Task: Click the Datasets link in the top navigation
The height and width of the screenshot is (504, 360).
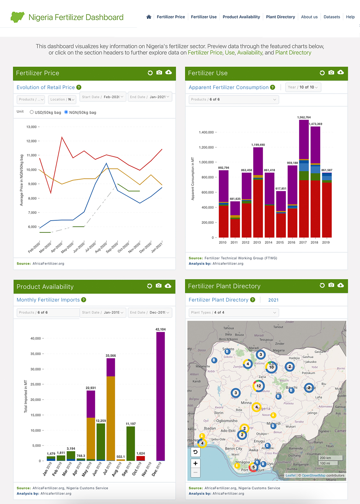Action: pos(332,17)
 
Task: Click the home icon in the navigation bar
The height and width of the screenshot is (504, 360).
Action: pos(149,17)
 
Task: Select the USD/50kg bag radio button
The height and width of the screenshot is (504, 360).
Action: pos(32,112)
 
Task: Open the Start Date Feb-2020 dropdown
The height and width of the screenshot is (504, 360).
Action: pos(103,97)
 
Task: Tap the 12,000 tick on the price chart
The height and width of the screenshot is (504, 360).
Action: pos(32,141)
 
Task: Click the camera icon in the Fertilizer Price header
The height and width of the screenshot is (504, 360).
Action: pos(159,73)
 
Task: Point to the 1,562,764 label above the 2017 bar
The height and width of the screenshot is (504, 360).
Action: pos(304,117)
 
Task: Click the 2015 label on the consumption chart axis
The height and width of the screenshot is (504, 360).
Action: pos(280,243)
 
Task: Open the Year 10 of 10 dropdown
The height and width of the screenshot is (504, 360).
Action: pos(303,87)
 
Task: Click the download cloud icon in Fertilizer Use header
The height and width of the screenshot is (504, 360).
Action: pos(340,73)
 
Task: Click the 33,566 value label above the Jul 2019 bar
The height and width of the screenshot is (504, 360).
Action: pos(111,356)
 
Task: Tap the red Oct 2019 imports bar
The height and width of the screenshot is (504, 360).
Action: pos(140,458)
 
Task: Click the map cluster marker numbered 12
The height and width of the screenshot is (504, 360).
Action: pos(259,386)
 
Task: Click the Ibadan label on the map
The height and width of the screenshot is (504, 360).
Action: pos(210,428)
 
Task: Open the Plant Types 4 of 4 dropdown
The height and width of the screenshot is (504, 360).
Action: pos(234,313)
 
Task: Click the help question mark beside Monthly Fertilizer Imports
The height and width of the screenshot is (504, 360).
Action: pos(84,300)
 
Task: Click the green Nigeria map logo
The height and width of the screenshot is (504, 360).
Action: pos(17,17)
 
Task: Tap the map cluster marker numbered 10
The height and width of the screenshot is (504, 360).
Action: pos(271,367)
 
